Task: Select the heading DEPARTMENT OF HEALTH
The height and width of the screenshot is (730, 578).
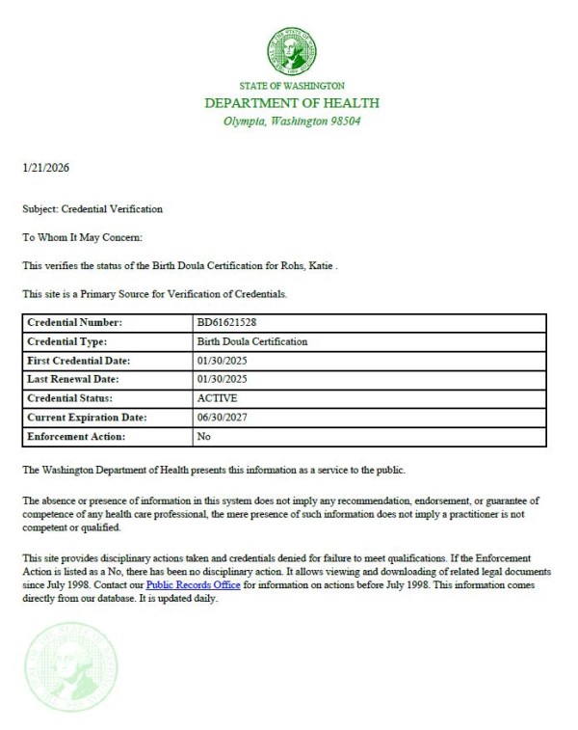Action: (292, 103)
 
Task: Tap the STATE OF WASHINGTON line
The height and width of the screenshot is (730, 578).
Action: (292, 86)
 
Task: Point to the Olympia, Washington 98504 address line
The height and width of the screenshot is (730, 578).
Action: (292, 122)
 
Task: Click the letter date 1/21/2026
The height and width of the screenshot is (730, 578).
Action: (45, 168)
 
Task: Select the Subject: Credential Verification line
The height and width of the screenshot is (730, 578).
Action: (92, 208)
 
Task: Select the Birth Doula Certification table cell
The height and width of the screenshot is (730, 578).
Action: (251, 341)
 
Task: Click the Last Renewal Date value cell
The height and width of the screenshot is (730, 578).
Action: (222, 379)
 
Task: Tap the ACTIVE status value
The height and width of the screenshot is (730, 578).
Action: (217, 397)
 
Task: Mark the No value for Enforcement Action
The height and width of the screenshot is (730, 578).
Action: (203, 436)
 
